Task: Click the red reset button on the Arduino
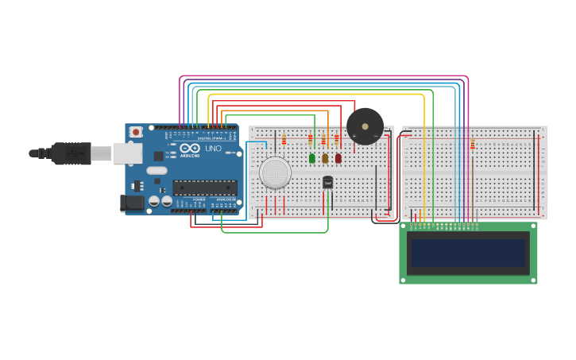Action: coord(136,132)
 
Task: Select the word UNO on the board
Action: coord(213,149)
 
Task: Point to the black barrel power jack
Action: coord(132,203)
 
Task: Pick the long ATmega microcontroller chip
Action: coord(205,188)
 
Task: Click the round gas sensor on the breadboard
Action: coord(275,172)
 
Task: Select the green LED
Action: coord(312,158)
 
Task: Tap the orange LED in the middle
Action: coord(325,158)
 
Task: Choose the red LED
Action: coord(338,158)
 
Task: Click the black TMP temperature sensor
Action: coord(327,183)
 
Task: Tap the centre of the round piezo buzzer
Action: coord(365,126)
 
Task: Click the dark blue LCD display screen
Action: coord(467,254)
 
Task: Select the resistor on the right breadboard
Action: coord(473,145)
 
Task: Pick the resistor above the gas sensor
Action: coord(284,141)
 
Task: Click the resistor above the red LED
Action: coord(336,140)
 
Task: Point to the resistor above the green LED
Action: coord(310,140)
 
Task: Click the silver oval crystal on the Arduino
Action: coord(157,170)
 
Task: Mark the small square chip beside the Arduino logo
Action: coord(158,156)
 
